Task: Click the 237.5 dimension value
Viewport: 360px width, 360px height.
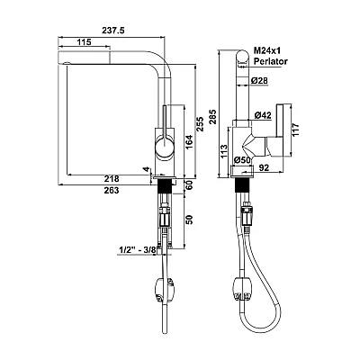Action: point(113,31)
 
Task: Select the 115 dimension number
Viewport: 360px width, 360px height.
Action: point(84,42)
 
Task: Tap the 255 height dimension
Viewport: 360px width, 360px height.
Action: point(200,124)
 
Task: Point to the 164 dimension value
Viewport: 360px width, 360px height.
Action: point(190,142)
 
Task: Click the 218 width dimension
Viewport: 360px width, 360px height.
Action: point(112,179)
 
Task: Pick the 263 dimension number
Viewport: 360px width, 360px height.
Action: point(112,190)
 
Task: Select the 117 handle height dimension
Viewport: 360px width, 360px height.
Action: point(296,130)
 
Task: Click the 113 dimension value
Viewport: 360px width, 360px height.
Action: point(224,152)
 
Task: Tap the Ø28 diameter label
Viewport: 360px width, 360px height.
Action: point(259,80)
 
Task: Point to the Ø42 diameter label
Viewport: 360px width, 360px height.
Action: point(263,115)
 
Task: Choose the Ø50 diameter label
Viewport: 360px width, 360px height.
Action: point(242,160)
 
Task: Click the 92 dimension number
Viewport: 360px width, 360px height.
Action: point(264,168)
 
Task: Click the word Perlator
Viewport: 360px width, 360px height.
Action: point(271,61)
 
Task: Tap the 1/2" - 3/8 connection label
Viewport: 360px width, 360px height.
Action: point(139,249)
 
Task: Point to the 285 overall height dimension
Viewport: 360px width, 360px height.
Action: point(212,117)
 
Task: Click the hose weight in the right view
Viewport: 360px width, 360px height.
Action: point(243,289)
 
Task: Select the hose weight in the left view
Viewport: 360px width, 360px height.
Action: point(164,290)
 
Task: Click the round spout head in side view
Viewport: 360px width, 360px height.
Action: point(242,58)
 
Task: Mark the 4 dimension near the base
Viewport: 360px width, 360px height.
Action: point(147,169)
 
